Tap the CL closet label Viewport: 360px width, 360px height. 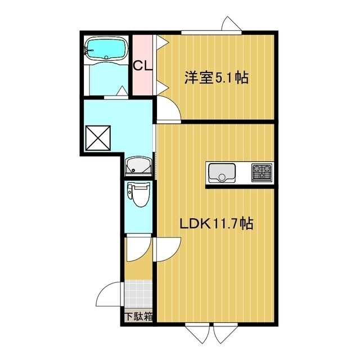tap(142, 65)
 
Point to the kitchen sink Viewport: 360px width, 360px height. tap(223, 173)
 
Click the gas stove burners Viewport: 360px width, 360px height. tap(262, 172)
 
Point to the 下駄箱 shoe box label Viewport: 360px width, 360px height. tap(139, 317)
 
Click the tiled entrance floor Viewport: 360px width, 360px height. tap(139, 294)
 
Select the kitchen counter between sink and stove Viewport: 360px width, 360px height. tap(244, 172)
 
